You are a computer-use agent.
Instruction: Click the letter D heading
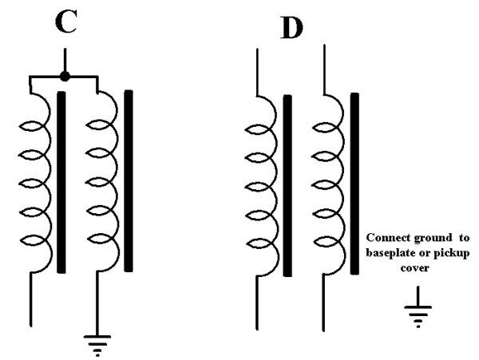pos(294,30)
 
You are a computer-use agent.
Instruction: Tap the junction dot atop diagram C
pos(65,77)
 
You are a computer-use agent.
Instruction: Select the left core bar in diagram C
pos(61,181)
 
